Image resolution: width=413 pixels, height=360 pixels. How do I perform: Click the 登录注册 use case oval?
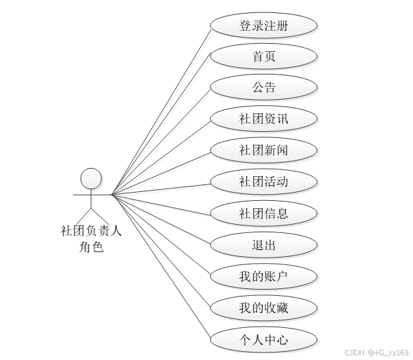pos(263,26)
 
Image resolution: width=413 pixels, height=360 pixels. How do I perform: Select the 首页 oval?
pos(263,57)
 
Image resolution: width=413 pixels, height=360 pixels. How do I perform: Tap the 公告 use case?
pos(263,87)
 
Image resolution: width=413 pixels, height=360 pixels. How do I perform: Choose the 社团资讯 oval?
pos(263,119)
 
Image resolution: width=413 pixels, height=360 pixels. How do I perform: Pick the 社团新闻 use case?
pos(263,150)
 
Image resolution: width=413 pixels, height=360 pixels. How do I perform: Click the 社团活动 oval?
pos(263,182)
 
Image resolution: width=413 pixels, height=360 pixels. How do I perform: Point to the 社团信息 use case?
pos(263,213)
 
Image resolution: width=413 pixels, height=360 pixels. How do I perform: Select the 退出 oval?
pos(263,245)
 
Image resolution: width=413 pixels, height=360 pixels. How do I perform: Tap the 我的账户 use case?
pos(263,277)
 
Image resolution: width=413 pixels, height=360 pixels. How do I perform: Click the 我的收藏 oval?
pos(263,308)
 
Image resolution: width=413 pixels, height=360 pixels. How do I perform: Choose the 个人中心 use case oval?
pos(263,340)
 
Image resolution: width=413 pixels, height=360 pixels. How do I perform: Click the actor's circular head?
pos(91,179)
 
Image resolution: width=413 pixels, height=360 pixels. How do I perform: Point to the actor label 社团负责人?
pos(91,232)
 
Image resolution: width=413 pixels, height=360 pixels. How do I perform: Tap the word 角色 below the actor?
pos(91,247)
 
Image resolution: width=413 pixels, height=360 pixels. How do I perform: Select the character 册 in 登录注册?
pos(282,26)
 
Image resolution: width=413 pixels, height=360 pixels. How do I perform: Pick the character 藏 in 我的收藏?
pos(282,308)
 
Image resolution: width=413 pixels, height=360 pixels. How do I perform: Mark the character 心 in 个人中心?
pos(282,340)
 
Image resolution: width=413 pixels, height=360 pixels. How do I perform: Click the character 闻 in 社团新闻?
pos(282,150)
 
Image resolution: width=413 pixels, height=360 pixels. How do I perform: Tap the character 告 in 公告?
pos(270,87)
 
